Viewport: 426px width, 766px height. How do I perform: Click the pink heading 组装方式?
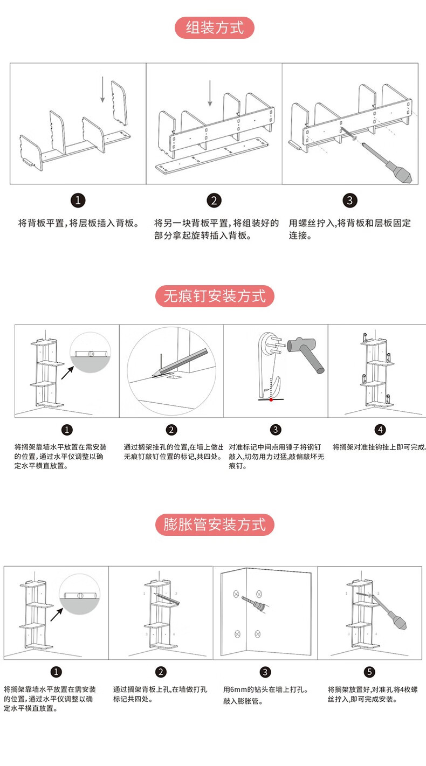[215, 27]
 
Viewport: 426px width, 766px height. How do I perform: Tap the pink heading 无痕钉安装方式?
[215, 296]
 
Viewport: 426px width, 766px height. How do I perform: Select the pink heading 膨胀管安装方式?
[215, 525]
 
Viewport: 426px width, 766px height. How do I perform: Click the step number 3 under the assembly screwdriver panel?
[349, 201]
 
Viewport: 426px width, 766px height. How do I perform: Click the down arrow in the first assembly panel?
[102, 89]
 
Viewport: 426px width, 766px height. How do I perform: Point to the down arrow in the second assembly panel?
[210, 93]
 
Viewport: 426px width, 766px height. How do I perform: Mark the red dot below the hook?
[271, 399]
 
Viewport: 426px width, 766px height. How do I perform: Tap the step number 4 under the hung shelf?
[380, 430]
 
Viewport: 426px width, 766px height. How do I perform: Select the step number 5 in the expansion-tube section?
[369, 672]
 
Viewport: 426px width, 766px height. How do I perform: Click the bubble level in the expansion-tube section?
[80, 595]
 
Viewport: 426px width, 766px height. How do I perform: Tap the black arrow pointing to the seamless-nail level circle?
[67, 372]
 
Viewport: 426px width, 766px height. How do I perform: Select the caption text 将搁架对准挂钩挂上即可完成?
[379, 447]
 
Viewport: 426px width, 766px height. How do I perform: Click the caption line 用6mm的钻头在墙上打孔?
[265, 689]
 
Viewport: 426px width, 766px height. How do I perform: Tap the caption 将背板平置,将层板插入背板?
[79, 223]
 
